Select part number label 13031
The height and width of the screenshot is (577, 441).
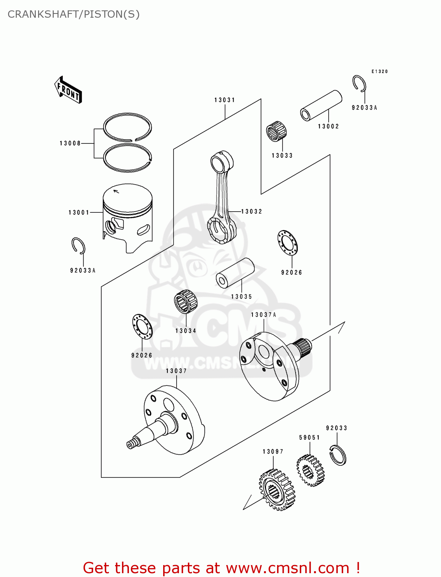(x=225, y=100)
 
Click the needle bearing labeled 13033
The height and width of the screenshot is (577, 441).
(x=276, y=131)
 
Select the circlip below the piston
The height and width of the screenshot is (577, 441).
(x=79, y=246)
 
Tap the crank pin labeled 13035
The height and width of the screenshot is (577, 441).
(x=235, y=273)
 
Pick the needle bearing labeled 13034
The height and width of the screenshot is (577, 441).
(x=185, y=301)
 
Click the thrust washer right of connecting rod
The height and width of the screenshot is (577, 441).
(x=287, y=242)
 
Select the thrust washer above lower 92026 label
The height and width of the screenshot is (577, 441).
(x=142, y=327)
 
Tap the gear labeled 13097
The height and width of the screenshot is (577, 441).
(x=277, y=490)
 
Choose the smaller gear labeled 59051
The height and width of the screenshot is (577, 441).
(x=310, y=470)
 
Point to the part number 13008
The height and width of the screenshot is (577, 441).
(x=70, y=143)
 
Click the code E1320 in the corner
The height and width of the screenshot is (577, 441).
(x=379, y=72)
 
